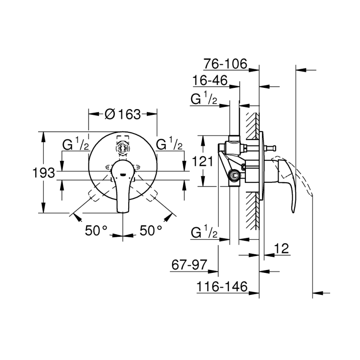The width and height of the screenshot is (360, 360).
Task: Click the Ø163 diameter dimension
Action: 123,114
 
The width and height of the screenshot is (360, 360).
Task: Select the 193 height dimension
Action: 44,173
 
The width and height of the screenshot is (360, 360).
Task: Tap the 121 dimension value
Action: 203,161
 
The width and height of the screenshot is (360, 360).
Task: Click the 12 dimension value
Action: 281,248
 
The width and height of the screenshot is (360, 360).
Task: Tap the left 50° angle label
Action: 96,230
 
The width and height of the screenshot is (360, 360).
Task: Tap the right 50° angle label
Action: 151,230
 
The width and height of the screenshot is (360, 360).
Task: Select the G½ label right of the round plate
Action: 169,145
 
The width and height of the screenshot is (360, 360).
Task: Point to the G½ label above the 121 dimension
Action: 203,99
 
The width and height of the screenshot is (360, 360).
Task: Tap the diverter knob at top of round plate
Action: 123,147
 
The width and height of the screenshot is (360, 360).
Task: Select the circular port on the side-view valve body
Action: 235,176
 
